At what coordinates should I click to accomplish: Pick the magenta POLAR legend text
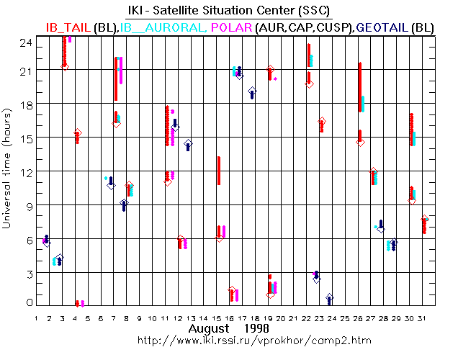point(232,27)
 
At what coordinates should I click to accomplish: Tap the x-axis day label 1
point(37,317)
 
